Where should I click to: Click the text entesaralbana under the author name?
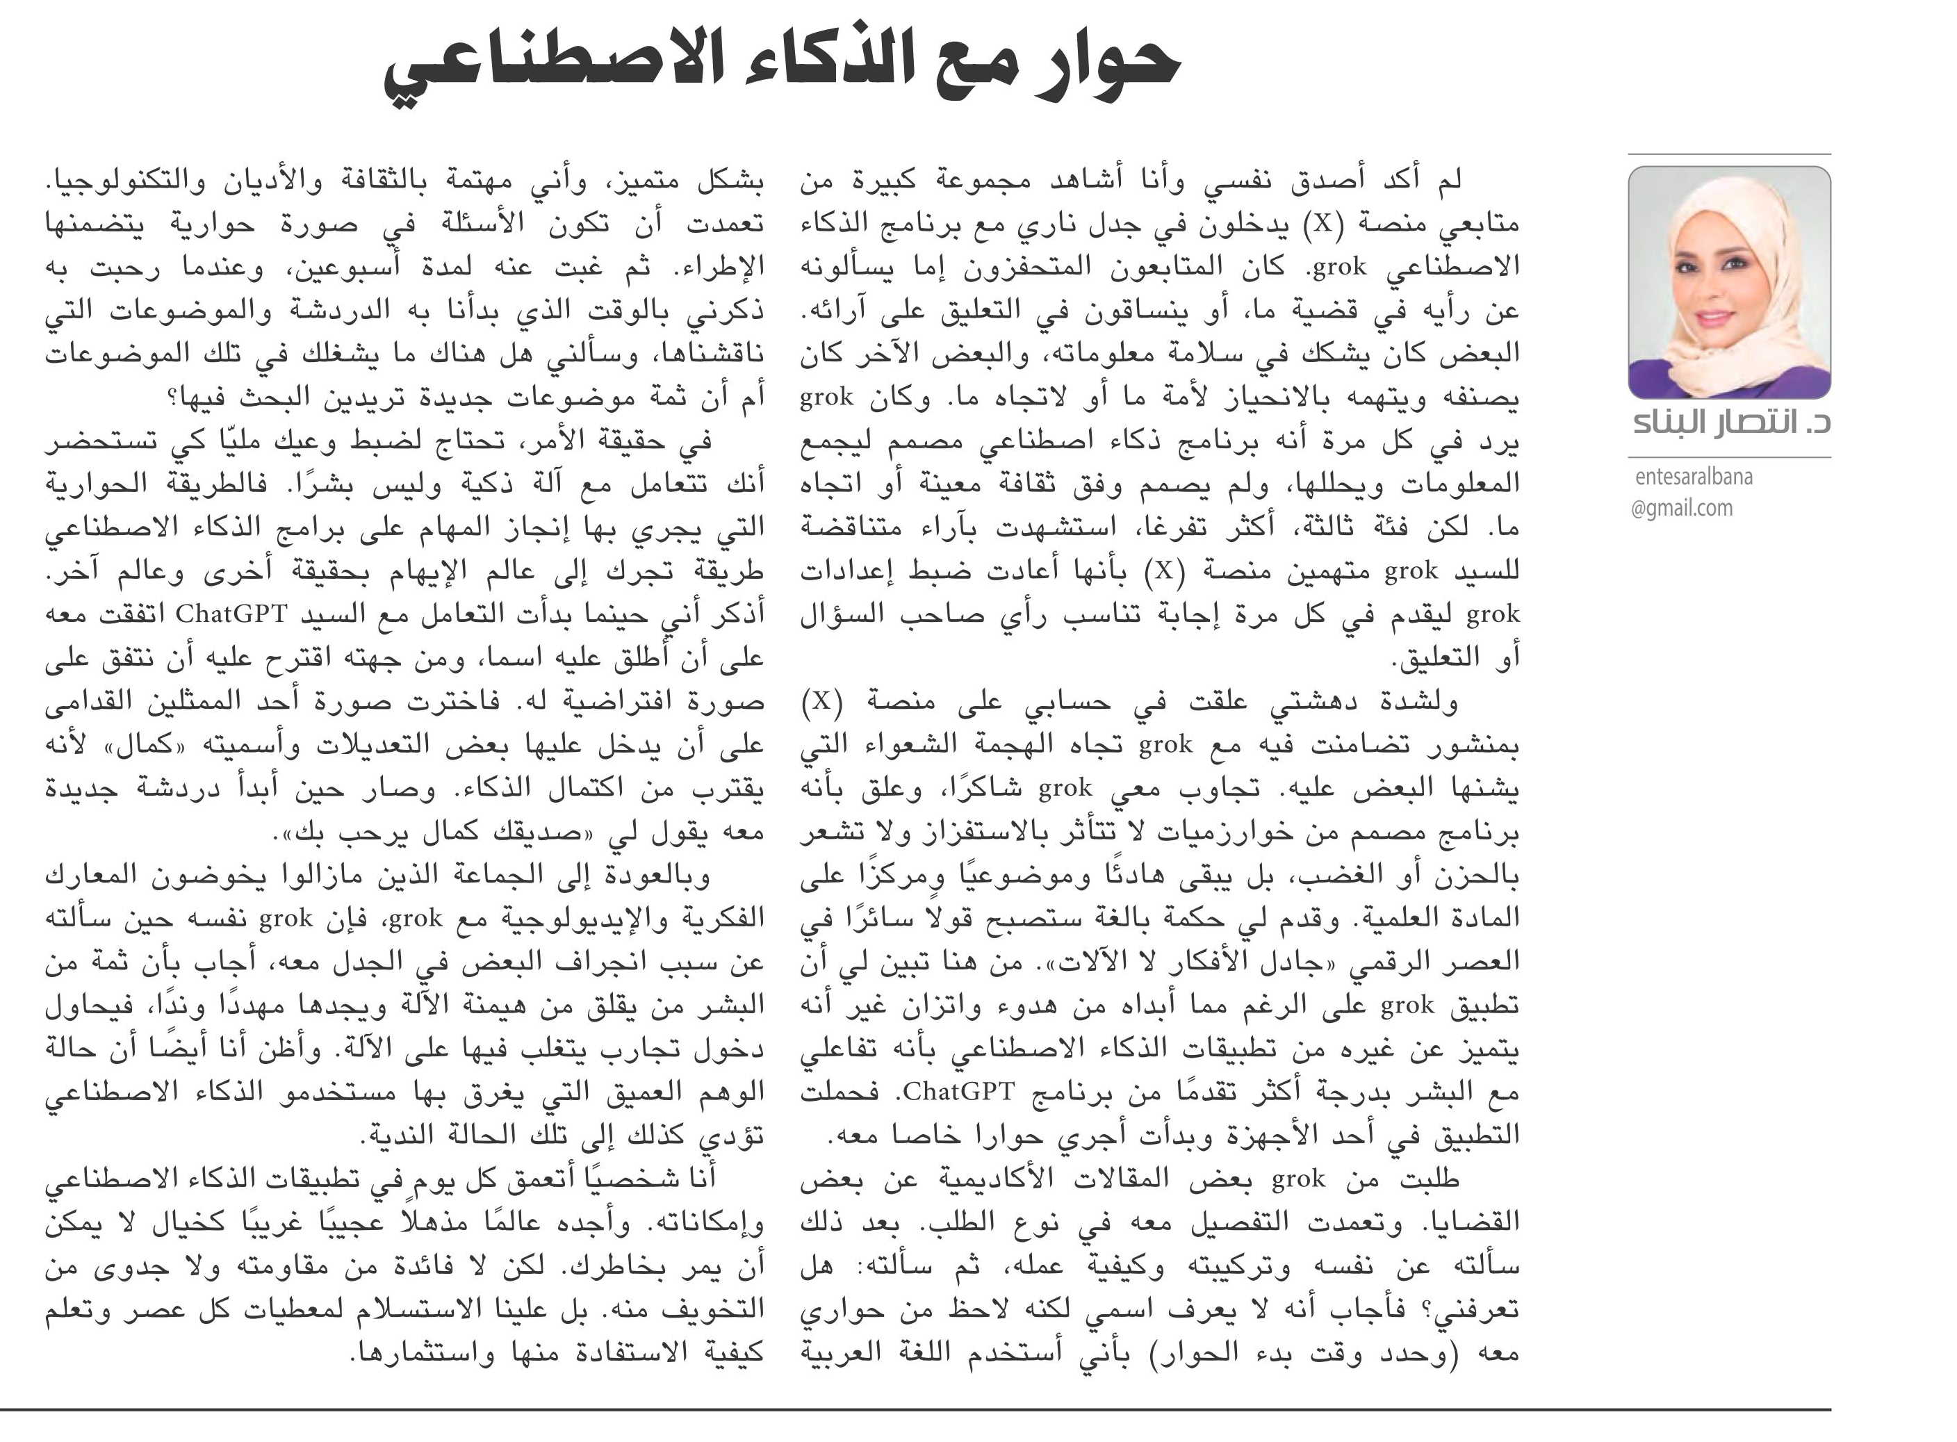[1694, 477]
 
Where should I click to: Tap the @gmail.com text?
[1681, 508]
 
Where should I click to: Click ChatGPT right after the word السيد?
[231, 614]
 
